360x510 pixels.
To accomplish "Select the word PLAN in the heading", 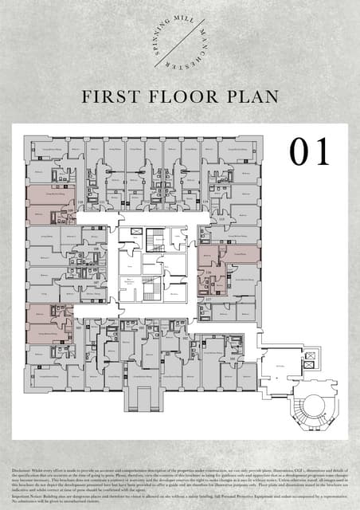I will [251, 97].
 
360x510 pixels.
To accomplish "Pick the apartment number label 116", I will [209, 273].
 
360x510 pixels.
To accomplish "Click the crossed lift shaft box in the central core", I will [136, 231].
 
